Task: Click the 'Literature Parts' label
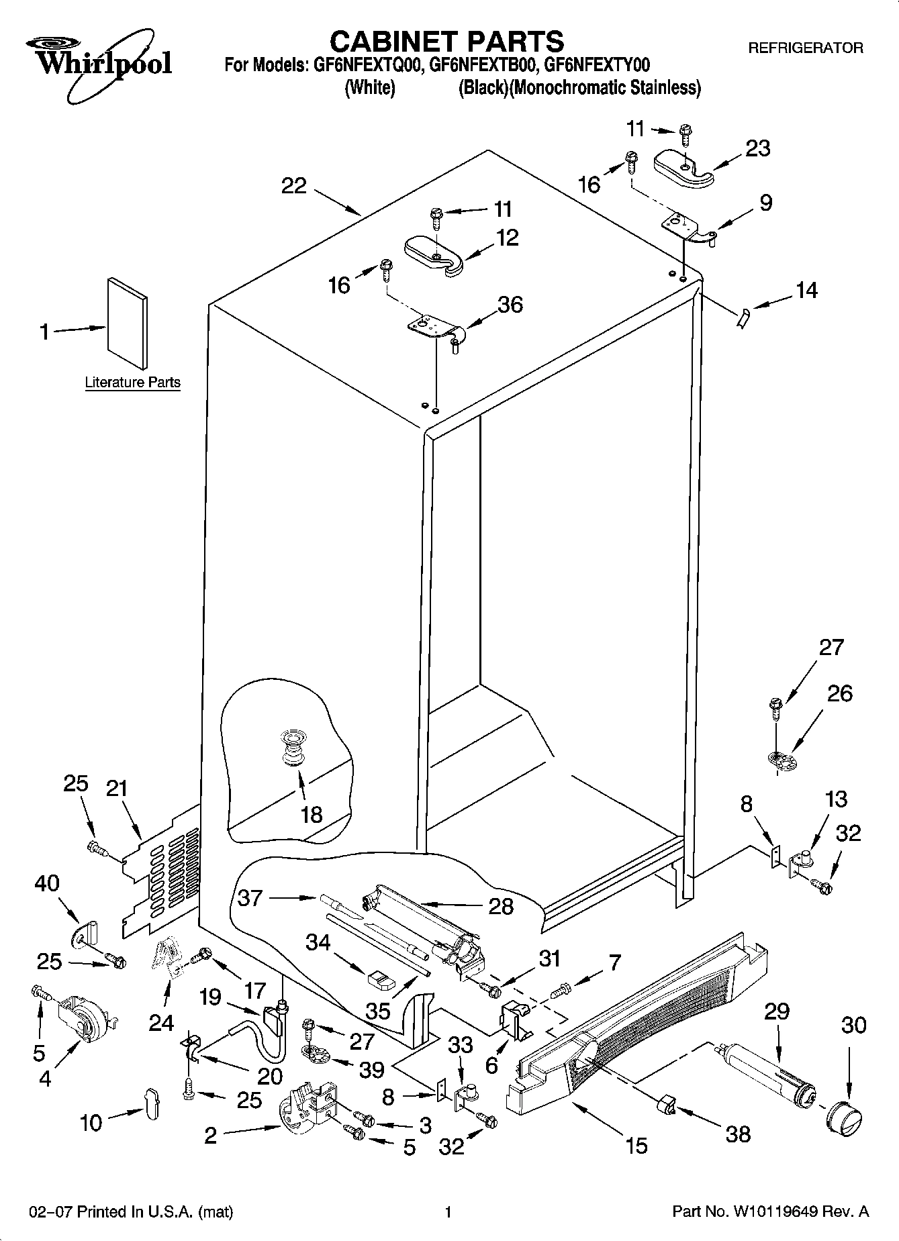pos(132,383)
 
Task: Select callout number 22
pos(293,186)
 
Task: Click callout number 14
pos(807,290)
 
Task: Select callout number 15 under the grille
pos(636,1145)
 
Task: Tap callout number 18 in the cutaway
pos(312,814)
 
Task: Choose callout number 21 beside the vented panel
pos(117,787)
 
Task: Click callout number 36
pos(510,304)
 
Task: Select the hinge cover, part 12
pos(434,254)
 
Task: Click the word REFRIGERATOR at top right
pos(805,48)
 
